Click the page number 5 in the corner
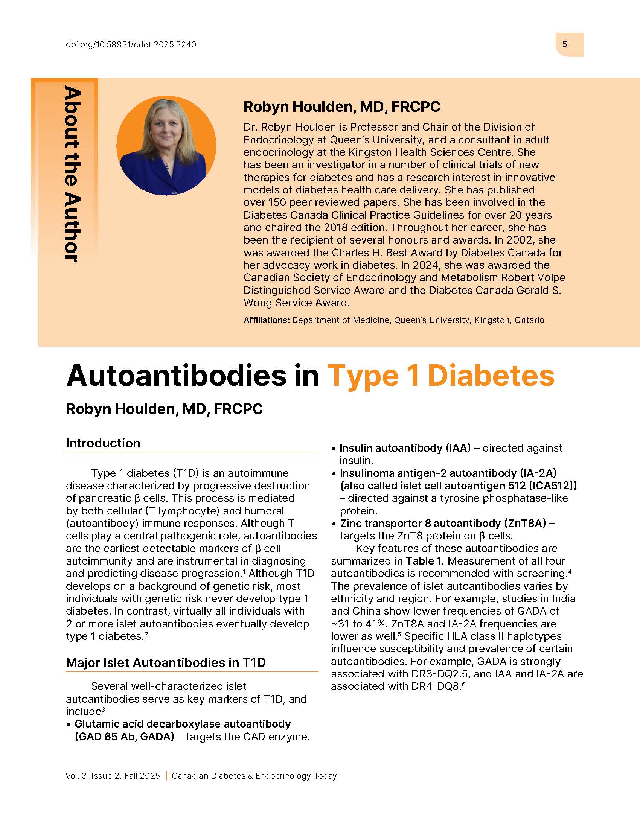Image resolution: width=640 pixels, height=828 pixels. pos(564,44)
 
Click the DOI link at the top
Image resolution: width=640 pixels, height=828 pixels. pos(131,45)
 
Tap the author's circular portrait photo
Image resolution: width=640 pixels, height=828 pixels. pos(166,146)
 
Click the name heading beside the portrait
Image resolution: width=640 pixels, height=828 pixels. pos(341,107)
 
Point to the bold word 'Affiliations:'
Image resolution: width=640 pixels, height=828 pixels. pos(267,320)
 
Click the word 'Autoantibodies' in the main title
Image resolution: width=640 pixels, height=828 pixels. pos(176,376)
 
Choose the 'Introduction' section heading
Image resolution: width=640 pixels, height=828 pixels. pos(103,443)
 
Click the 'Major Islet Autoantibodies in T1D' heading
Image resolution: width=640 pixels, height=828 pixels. pos(166,662)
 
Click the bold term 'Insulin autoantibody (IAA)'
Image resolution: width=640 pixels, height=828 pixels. pos(405,448)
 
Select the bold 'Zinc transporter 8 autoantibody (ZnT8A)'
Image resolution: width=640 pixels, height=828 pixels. pos(443,523)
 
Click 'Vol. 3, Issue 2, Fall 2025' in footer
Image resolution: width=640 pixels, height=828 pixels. pos(113,776)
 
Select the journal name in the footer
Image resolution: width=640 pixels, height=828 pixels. pos(254,776)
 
